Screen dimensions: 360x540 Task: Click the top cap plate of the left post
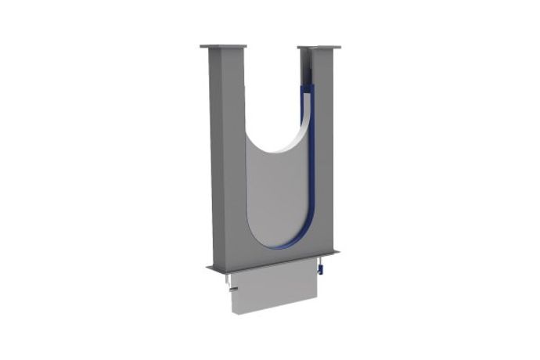(x=223, y=46)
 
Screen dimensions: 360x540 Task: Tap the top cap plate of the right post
(x=319, y=48)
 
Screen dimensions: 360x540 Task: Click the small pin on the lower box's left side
(x=233, y=292)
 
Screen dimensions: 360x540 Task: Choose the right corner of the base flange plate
(x=338, y=252)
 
